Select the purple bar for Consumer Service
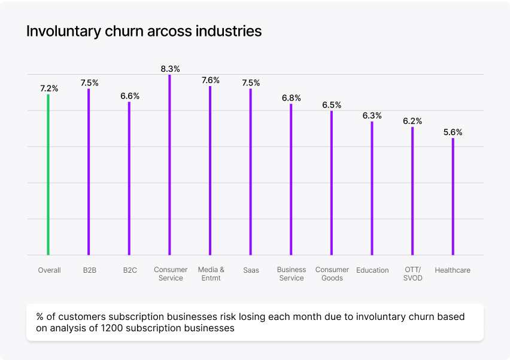170,165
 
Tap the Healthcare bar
453,197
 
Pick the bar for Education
372,188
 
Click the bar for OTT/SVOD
412,191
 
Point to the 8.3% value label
170,69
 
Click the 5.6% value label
453,132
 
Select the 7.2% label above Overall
49,89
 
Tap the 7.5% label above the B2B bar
89,83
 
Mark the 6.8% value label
292,97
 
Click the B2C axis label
130,270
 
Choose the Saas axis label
251,270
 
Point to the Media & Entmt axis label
211,274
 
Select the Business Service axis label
292,274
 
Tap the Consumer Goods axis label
332,274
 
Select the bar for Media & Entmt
210,170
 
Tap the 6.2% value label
412,121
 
